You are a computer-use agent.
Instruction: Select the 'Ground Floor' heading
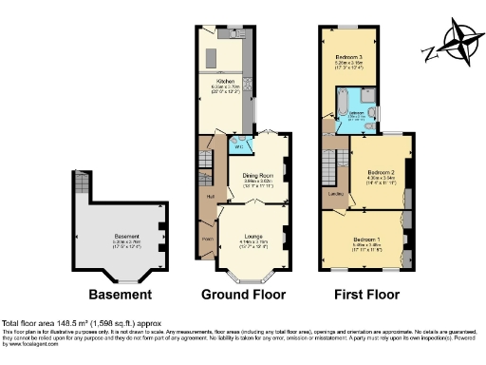coord(238,293)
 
